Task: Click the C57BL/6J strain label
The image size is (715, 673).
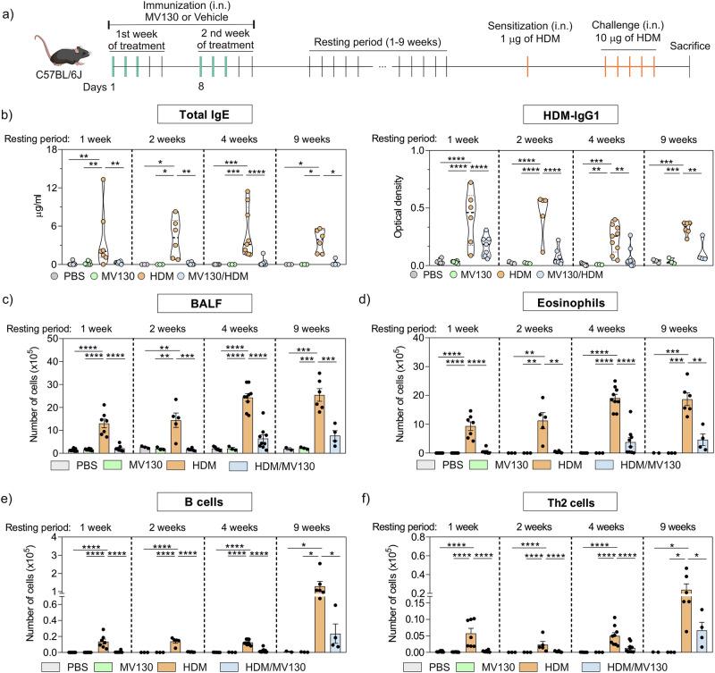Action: tap(63, 78)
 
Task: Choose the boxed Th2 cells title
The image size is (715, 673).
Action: tap(543, 486)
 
